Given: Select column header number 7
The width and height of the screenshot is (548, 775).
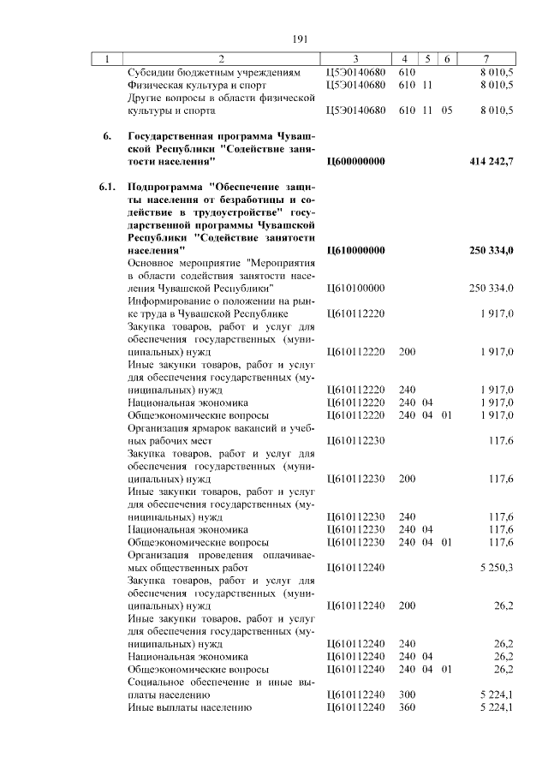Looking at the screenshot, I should (x=485, y=59).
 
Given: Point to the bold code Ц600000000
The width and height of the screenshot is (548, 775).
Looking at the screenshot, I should (x=356, y=161).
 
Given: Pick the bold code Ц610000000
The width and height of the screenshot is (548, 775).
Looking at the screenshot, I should (x=356, y=250).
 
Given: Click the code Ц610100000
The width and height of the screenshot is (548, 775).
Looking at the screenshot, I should (x=356, y=289).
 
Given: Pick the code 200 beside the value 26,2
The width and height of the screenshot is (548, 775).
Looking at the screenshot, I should (x=407, y=605).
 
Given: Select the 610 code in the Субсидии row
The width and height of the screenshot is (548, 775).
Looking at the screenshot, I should (x=407, y=73).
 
